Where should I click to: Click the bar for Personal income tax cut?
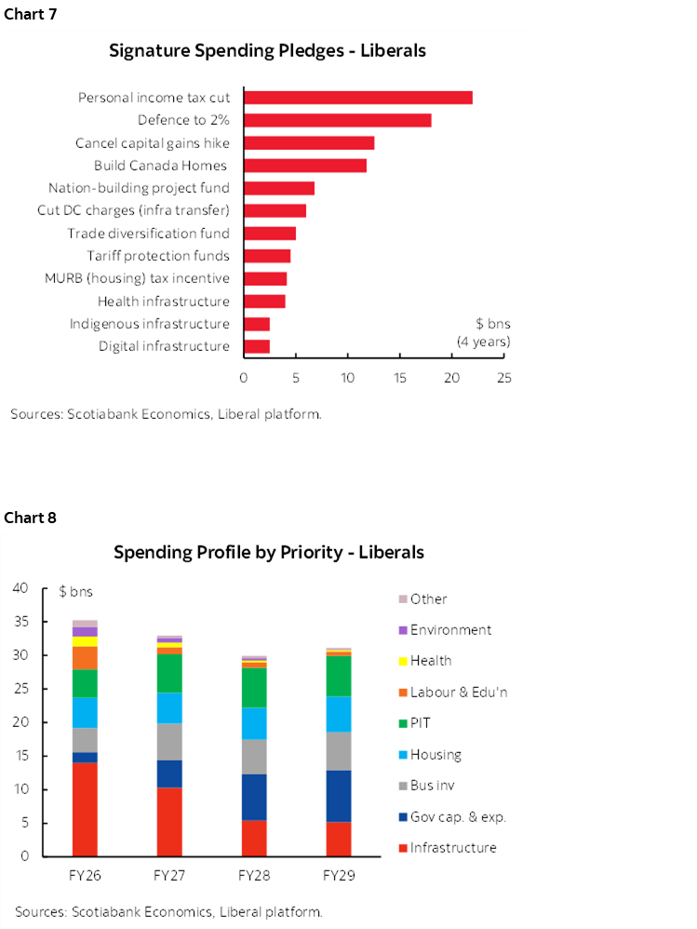coord(357,98)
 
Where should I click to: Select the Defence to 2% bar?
coord(337,120)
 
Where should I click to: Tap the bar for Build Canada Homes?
coord(304,166)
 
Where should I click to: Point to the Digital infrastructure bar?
coord(256,346)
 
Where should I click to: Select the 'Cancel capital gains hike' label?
coord(153,143)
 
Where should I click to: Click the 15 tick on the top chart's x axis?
coord(399,378)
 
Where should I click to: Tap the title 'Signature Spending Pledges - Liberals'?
coord(267,50)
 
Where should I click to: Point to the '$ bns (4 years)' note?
coord(482,333)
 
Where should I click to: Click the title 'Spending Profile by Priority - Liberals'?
coord(268,552)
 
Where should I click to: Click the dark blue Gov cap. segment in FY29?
coord(339,796)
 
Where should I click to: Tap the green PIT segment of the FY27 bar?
coord(169,673)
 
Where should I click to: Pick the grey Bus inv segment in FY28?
coord(254,757)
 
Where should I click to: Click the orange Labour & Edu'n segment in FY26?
coord(85,657)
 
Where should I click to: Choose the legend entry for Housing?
coord(435,755)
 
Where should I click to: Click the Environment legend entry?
coord(449,630)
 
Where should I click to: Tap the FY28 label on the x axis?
coord(254,876)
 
